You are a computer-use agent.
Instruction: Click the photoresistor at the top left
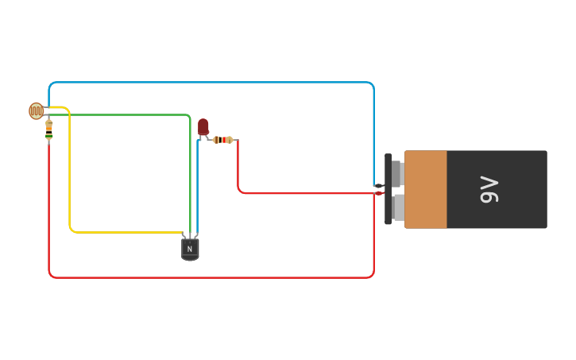pyautogui.click(x=36, y=110)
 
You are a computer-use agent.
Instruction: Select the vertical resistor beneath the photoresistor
pyautogui.click(x=49, y=130)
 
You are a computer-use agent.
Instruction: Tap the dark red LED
pyautogui.click(x=203, y=126)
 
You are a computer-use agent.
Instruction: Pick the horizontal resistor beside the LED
pyautogui.click(x=223, y=140)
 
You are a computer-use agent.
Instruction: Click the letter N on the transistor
pyautogui.click(x=190, y=249)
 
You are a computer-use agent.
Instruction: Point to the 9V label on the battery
pyautogui.click(x=489, y=190)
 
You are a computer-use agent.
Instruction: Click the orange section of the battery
pyautogui.click(x=426, y=189)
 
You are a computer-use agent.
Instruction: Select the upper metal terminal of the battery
pyautogui.click(x=398, y=173)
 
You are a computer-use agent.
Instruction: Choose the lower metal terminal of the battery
pyautogui.click(x=398, y=207)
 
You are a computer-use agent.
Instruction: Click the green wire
pyautogui.click(x=119, y=115)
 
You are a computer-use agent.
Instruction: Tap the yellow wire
pyautogui.click(x=70, y=175)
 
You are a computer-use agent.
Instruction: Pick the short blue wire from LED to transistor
pyautogui.click(x=197, y=191)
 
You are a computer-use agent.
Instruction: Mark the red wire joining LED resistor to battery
pyautogui.click(x=302, y=193)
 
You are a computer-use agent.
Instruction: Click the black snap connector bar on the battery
pyautogui.click(x=388, y=189)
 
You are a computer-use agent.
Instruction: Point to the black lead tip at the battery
pyautogui.click(x=378, y=187)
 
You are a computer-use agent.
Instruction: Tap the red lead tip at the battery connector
pyautogui.click(x=379, y=193)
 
